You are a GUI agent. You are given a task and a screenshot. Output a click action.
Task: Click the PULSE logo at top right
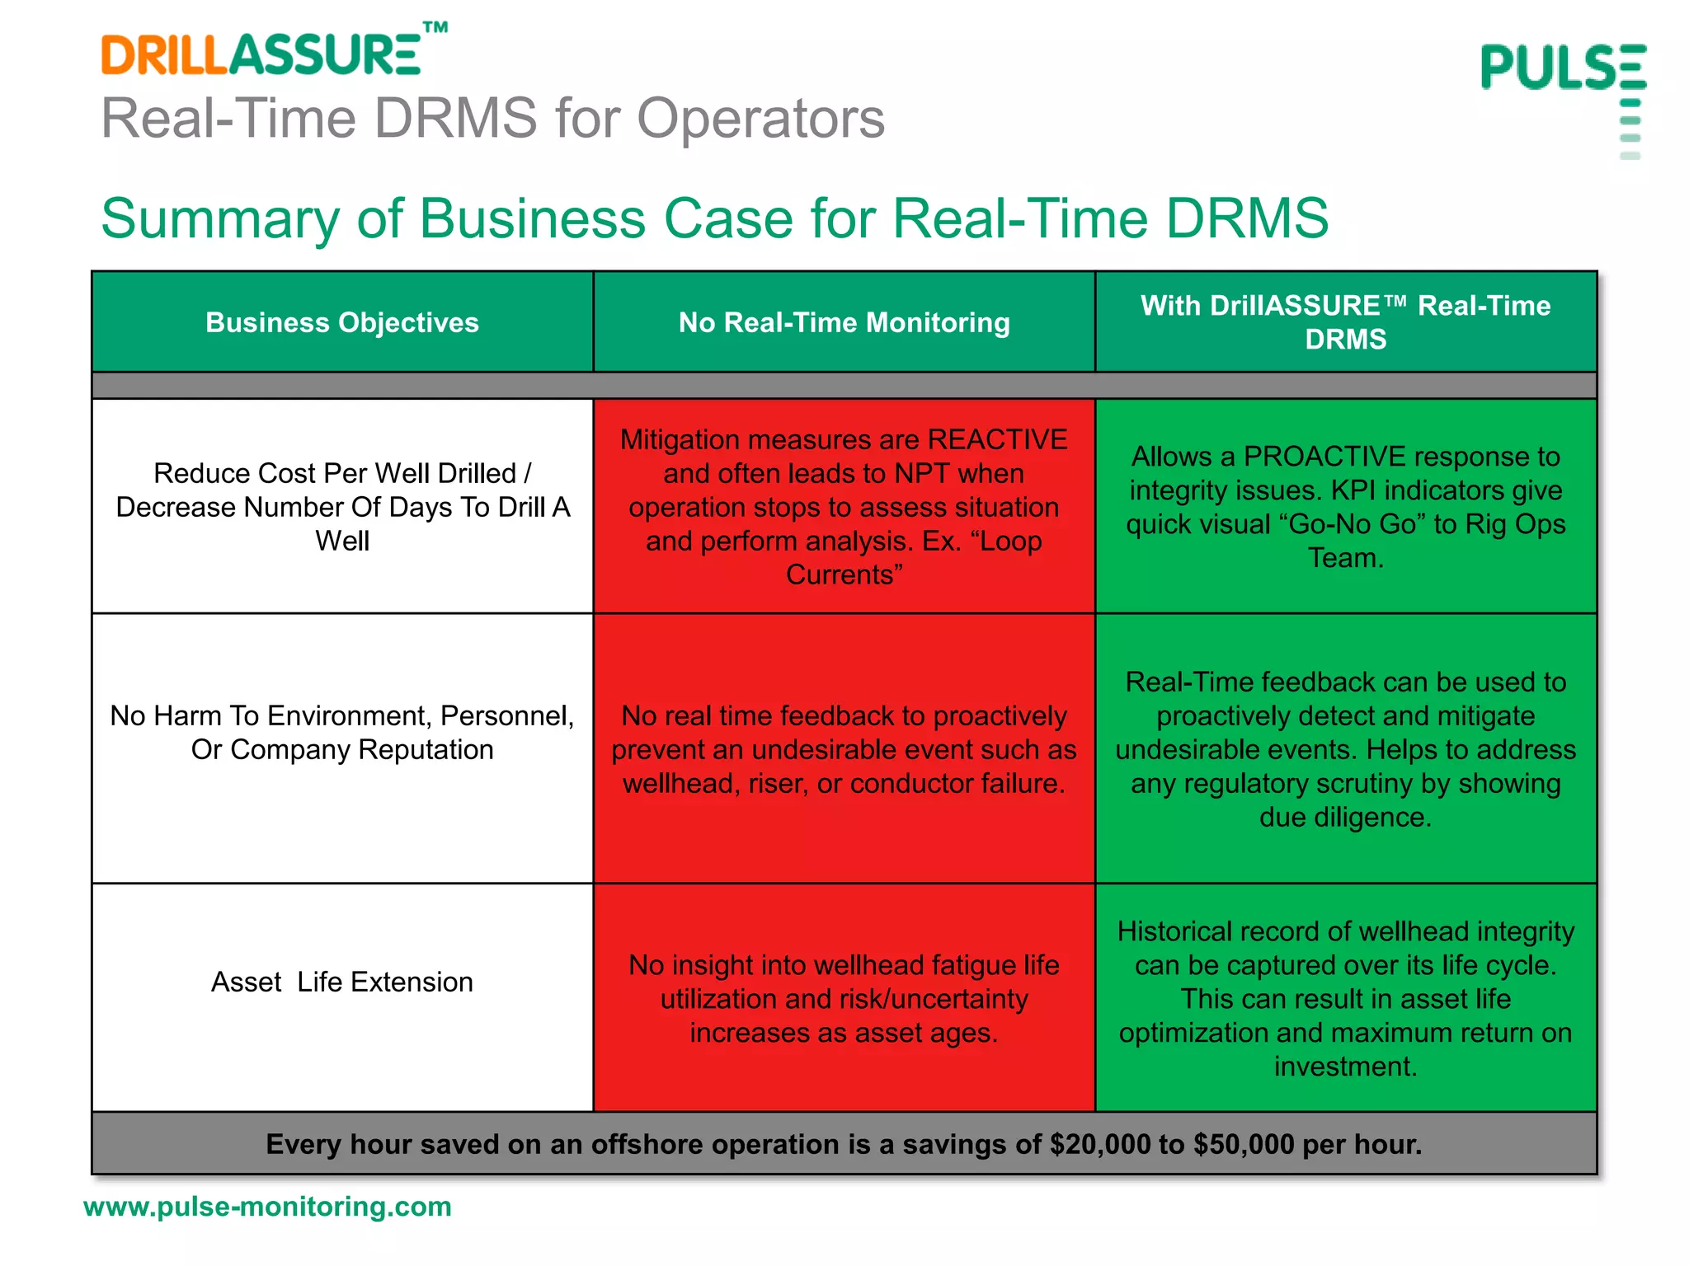click(1563, 68)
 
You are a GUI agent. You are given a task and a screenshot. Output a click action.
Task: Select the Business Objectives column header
click(341, 322)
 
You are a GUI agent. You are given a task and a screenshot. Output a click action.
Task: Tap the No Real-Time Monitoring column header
click(844, 322)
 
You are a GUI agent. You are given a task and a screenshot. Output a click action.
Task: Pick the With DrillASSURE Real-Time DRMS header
click(1345, 322)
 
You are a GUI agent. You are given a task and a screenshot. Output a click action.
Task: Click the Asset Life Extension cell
click(341, 982)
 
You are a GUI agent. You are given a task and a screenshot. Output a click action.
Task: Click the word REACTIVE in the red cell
click(997, 439)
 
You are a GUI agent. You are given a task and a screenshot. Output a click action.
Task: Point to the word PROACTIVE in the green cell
click(1324, 456)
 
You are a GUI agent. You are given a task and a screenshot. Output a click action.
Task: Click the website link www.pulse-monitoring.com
click(267, 1207)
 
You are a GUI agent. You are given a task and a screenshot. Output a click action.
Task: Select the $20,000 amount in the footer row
click(1099, 1144)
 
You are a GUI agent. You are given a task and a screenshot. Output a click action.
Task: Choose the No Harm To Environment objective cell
click(341, 732)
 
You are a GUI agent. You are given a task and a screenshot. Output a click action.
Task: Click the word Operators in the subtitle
click(760, 119)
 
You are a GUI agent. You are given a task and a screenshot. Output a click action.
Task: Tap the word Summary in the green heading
click(219, 219)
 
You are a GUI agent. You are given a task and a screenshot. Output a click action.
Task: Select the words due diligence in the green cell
click(1344, 817)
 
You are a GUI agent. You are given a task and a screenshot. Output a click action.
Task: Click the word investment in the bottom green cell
click(1344, 1067)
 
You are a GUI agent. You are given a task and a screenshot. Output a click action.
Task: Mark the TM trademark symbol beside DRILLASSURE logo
click(435, 28)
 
